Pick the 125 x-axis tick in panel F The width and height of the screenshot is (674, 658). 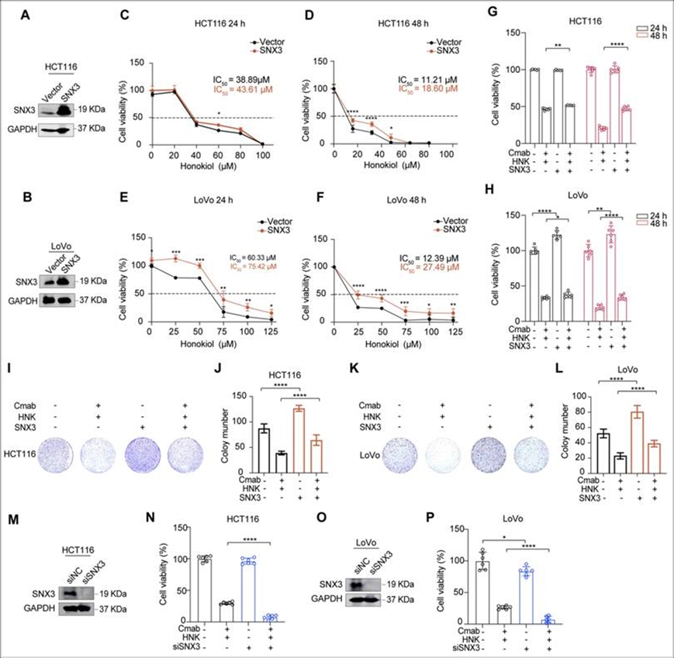(x=453, y=332)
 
